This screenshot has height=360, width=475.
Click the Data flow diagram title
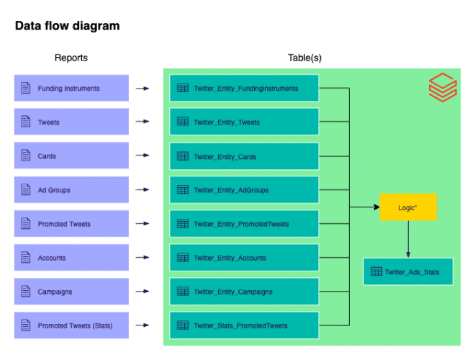[x=67, y=27]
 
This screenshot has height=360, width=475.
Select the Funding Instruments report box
[x=71, y=89]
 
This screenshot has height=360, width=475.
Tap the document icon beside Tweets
[x=26, y=122]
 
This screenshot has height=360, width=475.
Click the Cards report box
[x=71, y=156]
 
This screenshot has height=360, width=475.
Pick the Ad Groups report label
[x=54, y=190]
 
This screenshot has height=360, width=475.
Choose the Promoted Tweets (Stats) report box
[x=71, y=325]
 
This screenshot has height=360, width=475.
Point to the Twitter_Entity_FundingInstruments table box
[x=244, y=89]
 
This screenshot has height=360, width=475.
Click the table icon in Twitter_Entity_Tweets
[x=183, y=122]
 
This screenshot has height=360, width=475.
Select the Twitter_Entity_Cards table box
[x=244, y=156]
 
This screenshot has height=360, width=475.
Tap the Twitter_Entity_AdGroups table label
[x=231, y=190]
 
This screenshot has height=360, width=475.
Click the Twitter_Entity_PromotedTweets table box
[x=244, y=224]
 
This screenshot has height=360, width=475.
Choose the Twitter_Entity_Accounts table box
[x=244, y=258]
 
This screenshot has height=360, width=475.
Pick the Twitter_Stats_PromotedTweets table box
[x=244, y=325]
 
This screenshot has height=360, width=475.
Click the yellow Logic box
[x=408, y=207]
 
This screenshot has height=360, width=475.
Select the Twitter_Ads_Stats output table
[x=408, y=271]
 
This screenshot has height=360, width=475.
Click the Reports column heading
[x=71, y=58]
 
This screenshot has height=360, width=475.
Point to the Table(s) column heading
[x=305, y=58]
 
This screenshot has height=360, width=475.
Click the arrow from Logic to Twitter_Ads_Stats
[x=408, y=239]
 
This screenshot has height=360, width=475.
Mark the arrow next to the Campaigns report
[x=142, y=292]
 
